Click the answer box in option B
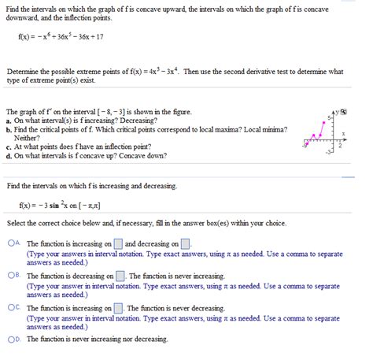pos(121,276)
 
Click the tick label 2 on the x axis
pos(341,146)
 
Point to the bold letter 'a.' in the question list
pos(9,120)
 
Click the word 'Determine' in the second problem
pos(23,71)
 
